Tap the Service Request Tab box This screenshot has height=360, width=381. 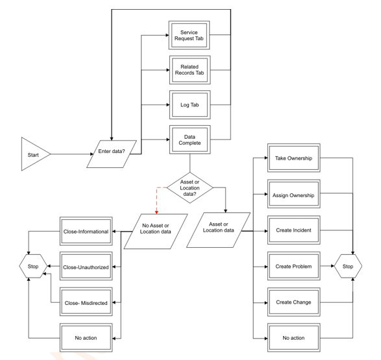click(x=189, y=33)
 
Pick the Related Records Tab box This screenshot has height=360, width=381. click(x=189, y=69)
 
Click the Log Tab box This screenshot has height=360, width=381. click(x=189, y=104)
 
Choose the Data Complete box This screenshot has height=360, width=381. click(x=189, y=139)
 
